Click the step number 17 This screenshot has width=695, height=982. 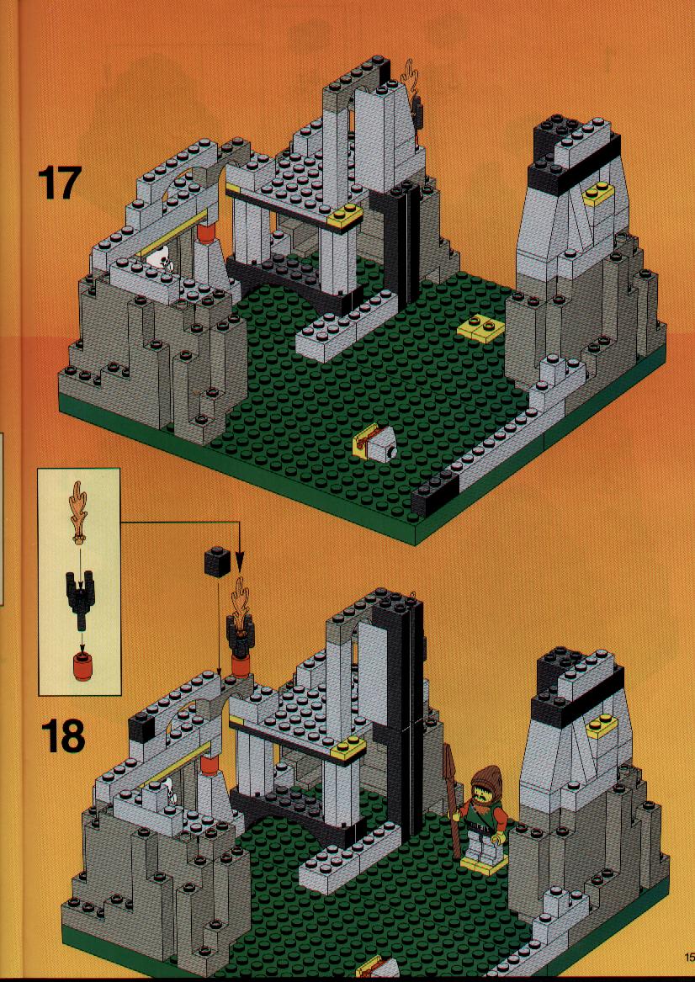[x=60, y=183]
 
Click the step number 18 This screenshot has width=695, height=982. [x=62, y=736]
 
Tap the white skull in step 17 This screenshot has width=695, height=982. [x=162, y=257]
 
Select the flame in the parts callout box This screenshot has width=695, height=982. [x=79, y=510]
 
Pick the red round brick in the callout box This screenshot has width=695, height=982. [x=80, y=662]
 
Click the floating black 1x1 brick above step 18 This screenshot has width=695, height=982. [x=217, y=563]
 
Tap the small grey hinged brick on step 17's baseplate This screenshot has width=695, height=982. [x=375, y=442]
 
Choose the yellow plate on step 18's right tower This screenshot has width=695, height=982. [x=601, y=724]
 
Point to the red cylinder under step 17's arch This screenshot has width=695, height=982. [x=206, y=235]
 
